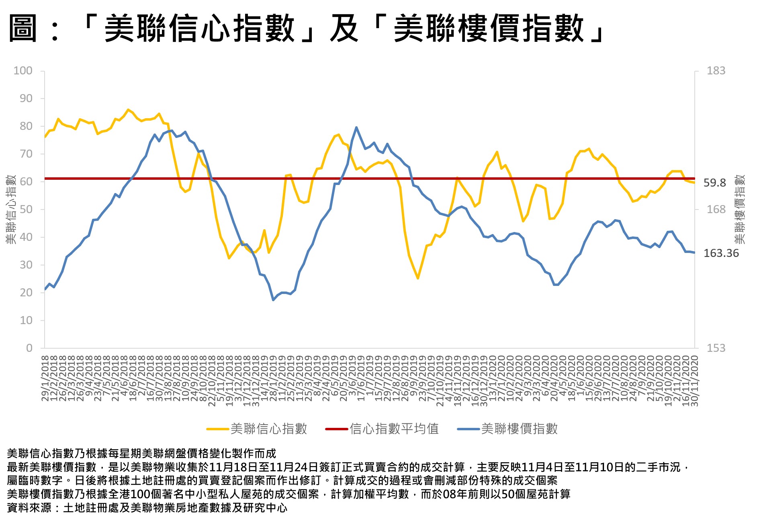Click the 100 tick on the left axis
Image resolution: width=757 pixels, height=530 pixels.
click(x=23, y=71)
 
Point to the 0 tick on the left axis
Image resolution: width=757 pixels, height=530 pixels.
click(x=29, y=348)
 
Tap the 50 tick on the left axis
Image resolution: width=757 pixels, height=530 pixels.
click(x=26, y=210)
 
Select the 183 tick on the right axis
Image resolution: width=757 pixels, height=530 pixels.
click(x=716, y=71)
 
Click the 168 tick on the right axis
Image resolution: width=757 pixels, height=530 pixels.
click(x=716, y=210)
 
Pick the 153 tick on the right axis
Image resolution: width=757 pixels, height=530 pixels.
click(x=716, y=348)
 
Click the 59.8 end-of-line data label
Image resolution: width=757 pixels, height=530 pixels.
click(x=714, y=183)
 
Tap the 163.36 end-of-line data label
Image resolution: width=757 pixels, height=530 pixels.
click(x=721, y=253)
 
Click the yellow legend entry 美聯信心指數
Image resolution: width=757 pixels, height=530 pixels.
click(x=268, y=429)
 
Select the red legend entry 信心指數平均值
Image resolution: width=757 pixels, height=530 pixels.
click(x=394, y=429)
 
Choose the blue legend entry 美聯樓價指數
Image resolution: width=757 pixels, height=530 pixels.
click(x=519, y=429)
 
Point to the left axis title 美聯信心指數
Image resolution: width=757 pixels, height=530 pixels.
click(x=11, y=209)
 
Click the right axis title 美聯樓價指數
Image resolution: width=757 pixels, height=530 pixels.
click(x=740, y=209)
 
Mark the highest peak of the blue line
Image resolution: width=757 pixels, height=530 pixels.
click(x=356, y=127)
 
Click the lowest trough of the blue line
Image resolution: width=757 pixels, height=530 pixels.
click(x=273, y=300)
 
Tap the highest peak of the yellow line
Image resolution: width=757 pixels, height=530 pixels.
click(x=128, y=109)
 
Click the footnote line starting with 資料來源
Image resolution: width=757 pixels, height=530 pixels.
click(x=147, y=508)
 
